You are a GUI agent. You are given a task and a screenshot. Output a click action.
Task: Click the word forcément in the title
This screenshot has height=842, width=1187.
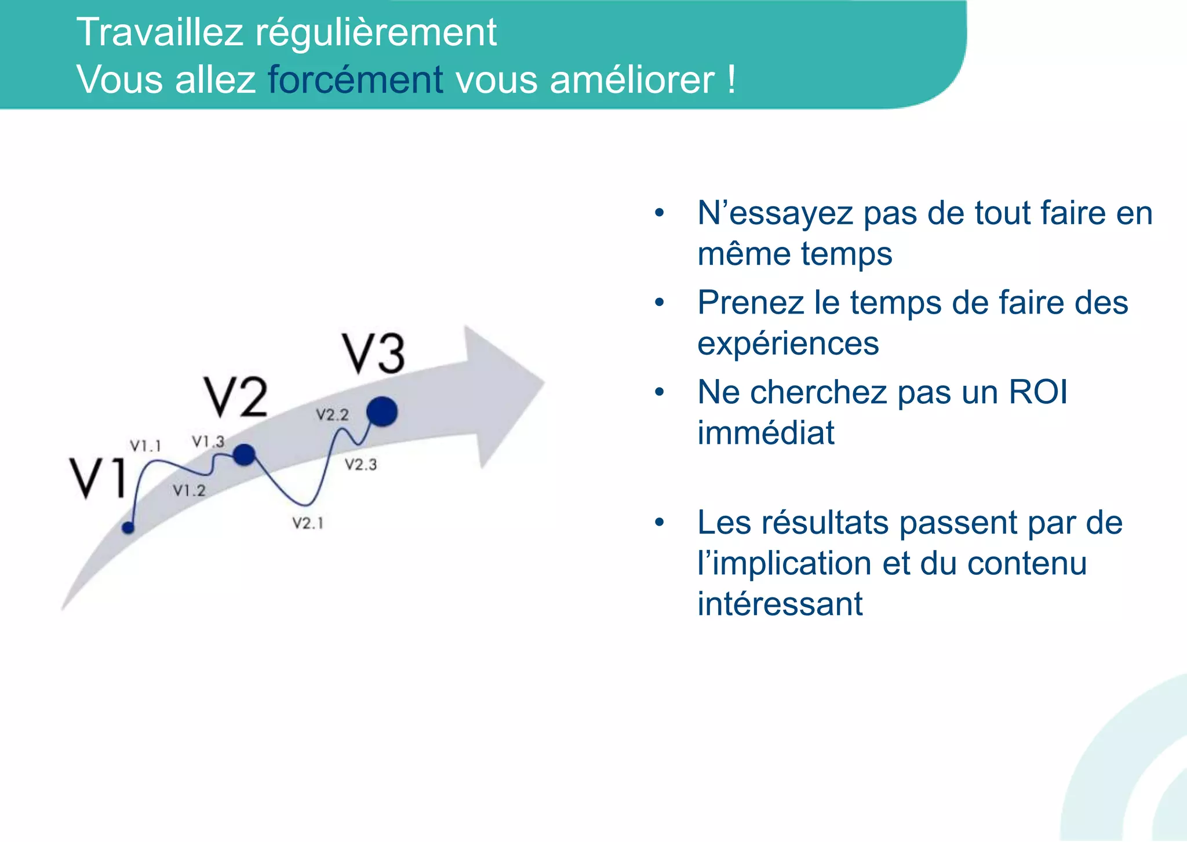coord(355,79)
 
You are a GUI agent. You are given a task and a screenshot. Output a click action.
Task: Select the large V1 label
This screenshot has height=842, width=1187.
coord(99,478)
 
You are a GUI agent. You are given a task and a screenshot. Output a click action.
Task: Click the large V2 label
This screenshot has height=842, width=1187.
coord(236,397)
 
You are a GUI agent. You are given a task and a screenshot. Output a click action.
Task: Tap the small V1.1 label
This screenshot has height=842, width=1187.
coord(145,446)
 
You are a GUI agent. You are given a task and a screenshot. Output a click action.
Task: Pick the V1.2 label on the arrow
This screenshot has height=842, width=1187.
coord(189,490)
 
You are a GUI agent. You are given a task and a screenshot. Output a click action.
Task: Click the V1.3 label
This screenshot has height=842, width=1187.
coord(208,442)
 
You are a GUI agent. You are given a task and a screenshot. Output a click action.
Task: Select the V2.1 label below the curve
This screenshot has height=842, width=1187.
coord(308,523)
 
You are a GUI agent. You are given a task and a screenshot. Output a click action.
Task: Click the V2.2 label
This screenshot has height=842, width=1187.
coord(332,414)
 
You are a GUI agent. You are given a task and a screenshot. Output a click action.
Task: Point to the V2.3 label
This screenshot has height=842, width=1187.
coord(361,464)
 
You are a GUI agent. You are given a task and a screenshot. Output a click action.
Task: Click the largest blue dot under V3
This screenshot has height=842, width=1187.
coord(382,411)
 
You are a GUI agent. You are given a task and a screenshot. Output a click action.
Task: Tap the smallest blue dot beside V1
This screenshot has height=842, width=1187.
coord(128,527)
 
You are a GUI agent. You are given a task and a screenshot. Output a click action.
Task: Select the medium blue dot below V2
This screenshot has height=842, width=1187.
coord(245,455)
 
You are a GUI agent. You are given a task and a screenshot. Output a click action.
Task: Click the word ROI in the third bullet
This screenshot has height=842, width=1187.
coord(1037,392)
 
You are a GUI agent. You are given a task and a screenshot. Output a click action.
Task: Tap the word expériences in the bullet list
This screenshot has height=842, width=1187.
coord(788,344)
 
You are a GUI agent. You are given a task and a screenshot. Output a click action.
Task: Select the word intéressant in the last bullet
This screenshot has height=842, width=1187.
coord(780,604)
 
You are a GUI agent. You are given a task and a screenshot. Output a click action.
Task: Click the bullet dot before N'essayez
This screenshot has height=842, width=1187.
coord(659,213)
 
